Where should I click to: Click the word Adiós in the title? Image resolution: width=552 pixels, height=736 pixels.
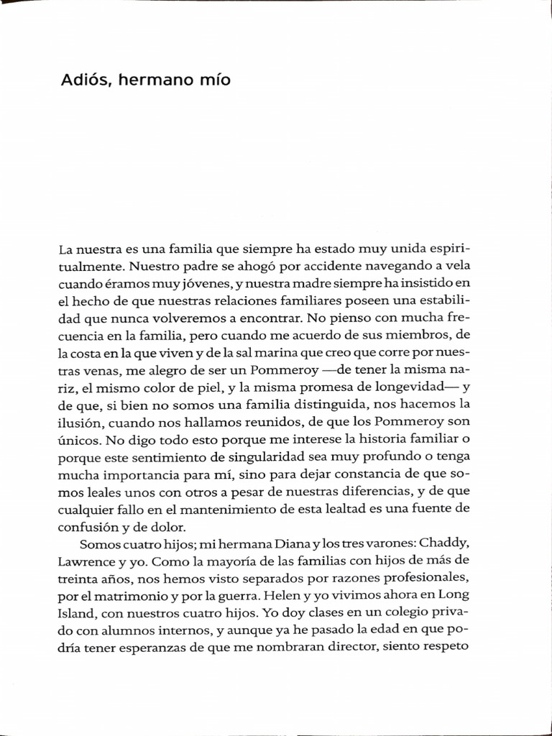point(83,80)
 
